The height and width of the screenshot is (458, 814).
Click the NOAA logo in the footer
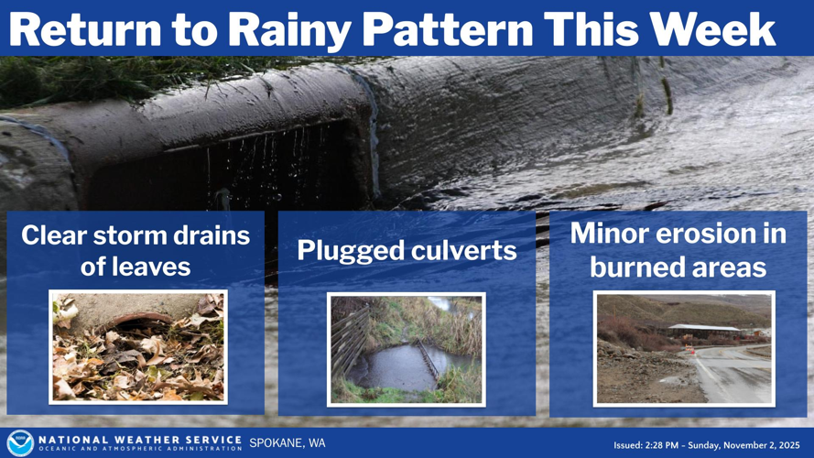19,442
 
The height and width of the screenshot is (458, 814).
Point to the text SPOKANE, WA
287,443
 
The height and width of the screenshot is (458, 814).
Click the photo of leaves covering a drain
137,347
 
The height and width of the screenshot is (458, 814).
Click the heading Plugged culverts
407,251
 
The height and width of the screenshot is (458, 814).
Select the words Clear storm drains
136,235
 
